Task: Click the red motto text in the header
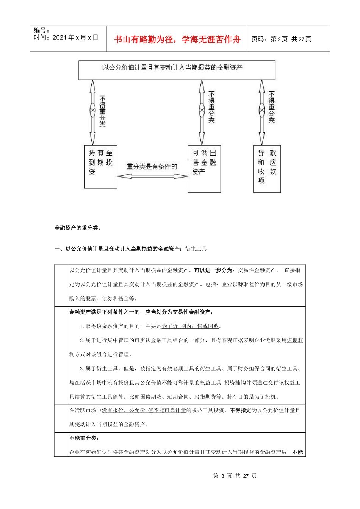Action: coord(177,39)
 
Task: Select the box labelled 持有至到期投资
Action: coord(100,167)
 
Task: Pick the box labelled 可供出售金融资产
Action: coord(204,169)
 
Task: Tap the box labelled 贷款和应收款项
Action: coord(267,169)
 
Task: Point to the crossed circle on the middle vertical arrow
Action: coord(202,110)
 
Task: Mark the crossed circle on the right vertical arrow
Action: coord(261,110)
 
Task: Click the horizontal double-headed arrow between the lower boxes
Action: coord(152,176)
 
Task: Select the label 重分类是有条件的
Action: coord(152,167)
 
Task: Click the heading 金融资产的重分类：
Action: coord(77,228)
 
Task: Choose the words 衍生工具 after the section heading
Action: coord(196,249)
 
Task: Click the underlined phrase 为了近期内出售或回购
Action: coord(190,326)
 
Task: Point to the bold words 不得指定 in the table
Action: coord(241,411)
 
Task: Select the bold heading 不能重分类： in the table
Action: coord(84,438)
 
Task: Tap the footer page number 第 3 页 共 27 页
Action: coord(235,476)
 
